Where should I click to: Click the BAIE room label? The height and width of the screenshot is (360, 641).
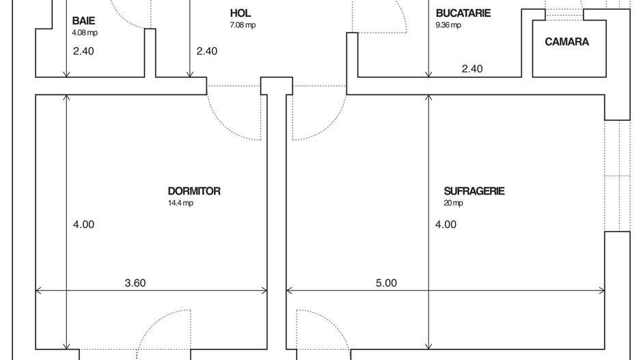click(83, 21)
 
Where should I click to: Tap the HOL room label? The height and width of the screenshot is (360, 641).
click(241, 13)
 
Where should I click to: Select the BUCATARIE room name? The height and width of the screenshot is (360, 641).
click(463, 13)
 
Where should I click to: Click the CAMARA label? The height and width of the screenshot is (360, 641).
click(567, 42)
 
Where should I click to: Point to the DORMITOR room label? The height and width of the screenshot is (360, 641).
click(194, 191)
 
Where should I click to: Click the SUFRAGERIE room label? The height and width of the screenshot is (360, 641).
click(474, 191)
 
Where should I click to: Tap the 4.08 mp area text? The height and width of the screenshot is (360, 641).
click(83, 32)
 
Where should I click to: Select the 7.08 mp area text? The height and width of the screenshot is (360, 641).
click(243, 25)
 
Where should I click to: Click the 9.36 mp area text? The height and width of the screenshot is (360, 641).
click(448, 25)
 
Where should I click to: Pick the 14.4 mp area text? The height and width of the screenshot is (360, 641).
click(180, 203)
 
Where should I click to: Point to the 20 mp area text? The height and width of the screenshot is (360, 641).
click(453, 203)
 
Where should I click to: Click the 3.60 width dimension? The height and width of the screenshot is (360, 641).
click(135, 283)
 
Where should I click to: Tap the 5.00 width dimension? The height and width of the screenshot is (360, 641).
click(386, 283)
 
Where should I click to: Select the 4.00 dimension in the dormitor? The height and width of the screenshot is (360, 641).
click(83, 224)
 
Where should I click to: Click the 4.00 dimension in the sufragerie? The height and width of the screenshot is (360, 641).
click(446, 224)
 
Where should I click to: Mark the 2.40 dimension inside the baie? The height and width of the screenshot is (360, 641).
click(83, 51)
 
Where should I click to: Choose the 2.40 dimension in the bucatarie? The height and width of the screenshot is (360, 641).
click(472, 68)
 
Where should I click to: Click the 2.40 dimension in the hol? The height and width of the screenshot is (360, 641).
click(206, 51)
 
